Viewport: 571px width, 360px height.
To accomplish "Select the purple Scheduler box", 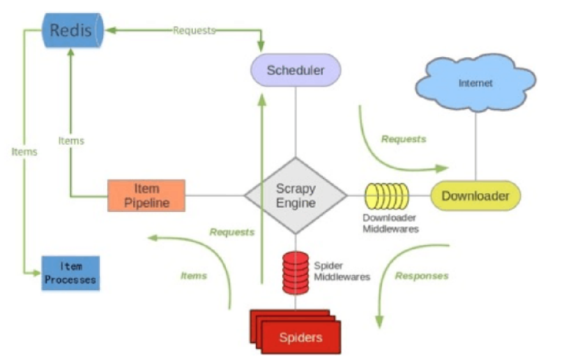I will point(295,70).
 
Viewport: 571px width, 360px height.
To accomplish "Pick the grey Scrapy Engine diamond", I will point(296,195).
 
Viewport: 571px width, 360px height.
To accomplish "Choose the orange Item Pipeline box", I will point(146,195).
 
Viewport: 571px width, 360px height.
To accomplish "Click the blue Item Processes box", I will point(70,273).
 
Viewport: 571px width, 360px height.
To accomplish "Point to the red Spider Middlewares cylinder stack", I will point(296,273).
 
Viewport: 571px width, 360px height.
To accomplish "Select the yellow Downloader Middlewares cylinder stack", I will point(386,195).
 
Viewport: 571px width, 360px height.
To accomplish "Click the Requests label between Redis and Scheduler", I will point(194,30).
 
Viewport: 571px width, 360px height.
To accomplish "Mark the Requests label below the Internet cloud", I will point(403,139).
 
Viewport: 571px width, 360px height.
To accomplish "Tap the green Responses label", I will point(422,276).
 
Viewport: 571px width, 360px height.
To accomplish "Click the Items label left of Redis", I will point(24,151).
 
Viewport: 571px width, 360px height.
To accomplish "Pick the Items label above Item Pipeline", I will point(71,140).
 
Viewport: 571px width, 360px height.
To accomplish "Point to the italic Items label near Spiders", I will point(194,276).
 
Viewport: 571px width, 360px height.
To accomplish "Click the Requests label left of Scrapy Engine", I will point(232,232).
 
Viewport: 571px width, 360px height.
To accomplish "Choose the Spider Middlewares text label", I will point(342,271).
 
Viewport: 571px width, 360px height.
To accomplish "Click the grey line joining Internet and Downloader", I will point(476,144).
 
